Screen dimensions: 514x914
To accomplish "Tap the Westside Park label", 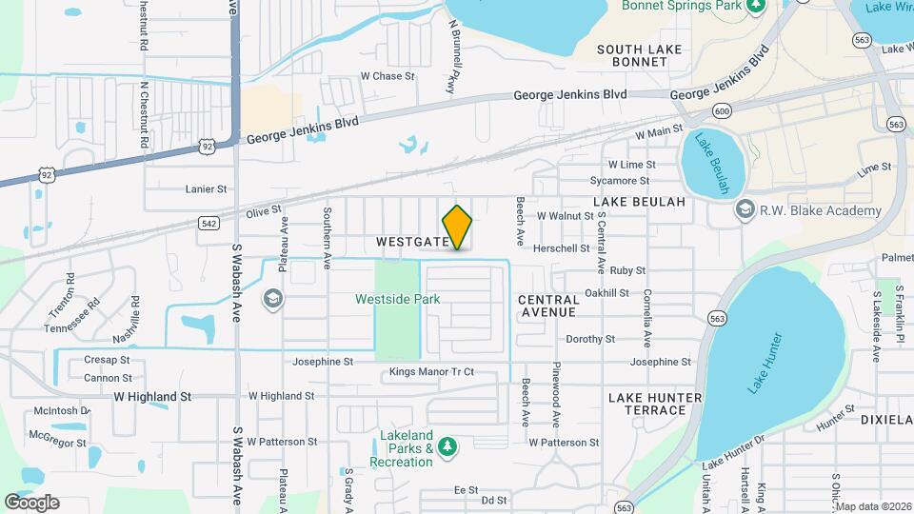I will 398,299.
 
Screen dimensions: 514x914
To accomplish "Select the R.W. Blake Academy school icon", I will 745,209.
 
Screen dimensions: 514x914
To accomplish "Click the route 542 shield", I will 210,223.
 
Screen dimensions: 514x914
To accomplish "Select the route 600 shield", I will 722,112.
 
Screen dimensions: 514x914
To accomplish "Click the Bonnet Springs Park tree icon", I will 756,6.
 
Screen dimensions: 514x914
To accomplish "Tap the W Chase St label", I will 387,76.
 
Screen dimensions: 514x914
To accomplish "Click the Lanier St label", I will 207,189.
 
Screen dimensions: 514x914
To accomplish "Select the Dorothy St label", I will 590,339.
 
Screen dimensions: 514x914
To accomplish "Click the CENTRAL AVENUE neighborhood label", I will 547,306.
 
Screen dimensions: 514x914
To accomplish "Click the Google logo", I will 31,502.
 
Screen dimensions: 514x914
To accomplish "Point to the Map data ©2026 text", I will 873,506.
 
